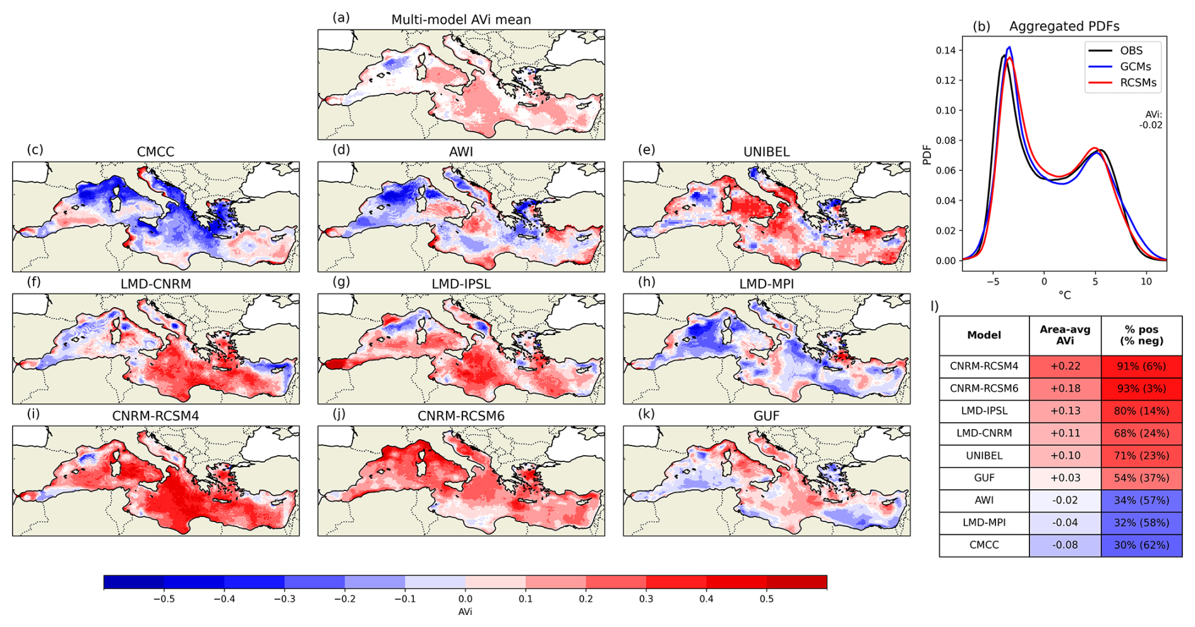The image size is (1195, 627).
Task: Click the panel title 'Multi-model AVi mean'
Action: pyautogui.click(x=461, y=20)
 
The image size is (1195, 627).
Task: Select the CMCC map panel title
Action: pyautogui.click(x=155, y=152)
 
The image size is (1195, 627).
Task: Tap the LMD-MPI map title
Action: pyautogui.click(x=767, y=284)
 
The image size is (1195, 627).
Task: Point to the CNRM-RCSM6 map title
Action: pyautogui.click(x=461, y=416)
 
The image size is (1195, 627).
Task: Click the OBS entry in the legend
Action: pyautogui.click(x=1131, y=51)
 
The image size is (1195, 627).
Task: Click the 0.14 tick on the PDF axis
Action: pyautogui.click(x=946, y=50)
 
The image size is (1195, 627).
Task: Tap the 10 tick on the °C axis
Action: pyautogui.click(x=1146, y=281)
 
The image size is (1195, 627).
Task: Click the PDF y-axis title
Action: pyautogui.click(x=927, y=155)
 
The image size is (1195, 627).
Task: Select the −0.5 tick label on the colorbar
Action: pyautogui.click(x=164, y=599)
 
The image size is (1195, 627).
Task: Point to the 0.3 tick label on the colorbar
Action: pyautogui.click(x=646, y=599)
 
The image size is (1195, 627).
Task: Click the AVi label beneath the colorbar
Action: pyautogui.click(x=465, y=612)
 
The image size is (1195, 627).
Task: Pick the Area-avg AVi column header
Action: pyautogui.click(x=1065, y=335)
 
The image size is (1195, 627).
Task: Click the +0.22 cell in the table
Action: pyautogui.click(x=1065, y=366)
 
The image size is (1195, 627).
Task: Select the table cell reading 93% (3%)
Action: pyautogui.click(x=1141, y=389)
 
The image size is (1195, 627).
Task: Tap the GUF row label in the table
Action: pyautogui.click(x=984, y=478)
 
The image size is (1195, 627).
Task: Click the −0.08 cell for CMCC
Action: pyautogui.click(x=1065, y=545)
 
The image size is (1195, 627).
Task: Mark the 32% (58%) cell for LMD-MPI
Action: pyautogui.click(x=1141, y=523)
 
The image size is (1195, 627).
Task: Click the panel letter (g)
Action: pyautogui.click(x=341, y=281)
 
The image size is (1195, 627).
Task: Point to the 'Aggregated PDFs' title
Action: pyautogui.click(x=1064, y=27)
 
